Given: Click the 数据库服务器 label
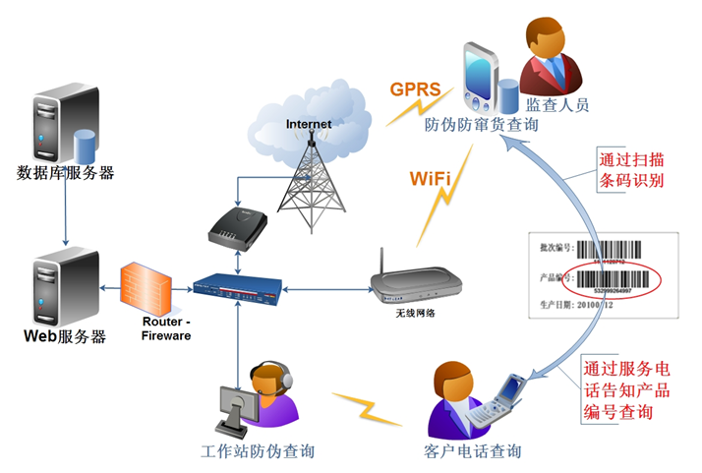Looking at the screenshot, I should pos(66,173).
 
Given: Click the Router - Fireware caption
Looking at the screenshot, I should pos(165,328).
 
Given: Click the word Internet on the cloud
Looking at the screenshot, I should pos(309,124).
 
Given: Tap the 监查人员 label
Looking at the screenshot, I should pos(557,104).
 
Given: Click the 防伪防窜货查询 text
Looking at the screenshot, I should pos(482,126).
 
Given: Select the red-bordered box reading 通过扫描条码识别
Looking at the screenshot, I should pos(632,169).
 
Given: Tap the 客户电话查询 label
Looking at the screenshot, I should pos(465,451).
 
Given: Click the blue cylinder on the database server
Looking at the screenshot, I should pos(87,145).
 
